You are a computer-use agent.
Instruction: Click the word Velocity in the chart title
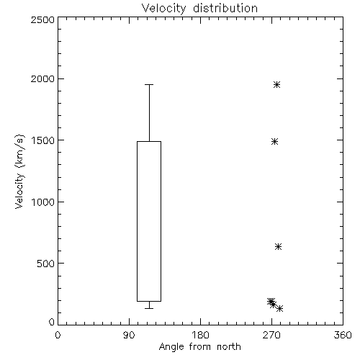(163, 9)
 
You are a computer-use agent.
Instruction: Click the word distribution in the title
(225, 8)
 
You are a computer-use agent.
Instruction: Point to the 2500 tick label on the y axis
(42, 19)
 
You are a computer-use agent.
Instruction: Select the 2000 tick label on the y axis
(42, 78)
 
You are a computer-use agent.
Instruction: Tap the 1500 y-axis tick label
(43, 140)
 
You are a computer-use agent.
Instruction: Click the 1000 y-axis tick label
(43, 202)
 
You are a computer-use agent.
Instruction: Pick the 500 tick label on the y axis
(46, 264)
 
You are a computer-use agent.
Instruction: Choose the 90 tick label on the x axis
(129, 335)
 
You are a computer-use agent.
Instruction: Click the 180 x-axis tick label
(200, 335)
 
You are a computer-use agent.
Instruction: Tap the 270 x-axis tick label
(271, 335)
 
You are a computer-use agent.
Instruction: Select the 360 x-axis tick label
(343, 335)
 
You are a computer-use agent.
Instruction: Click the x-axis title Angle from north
(199, 346)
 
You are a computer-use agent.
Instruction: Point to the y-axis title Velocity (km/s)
(19, 171)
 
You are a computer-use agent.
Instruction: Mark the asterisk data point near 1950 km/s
(277, 84)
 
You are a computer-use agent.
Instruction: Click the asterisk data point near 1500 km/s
(275, 142)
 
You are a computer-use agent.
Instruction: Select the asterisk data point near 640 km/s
(278, 246)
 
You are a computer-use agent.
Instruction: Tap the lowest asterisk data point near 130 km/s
(279, 308)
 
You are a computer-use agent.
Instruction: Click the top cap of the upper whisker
(149, 84)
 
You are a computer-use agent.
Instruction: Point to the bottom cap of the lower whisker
(149, 308)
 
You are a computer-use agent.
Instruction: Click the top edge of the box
(149, 142)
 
